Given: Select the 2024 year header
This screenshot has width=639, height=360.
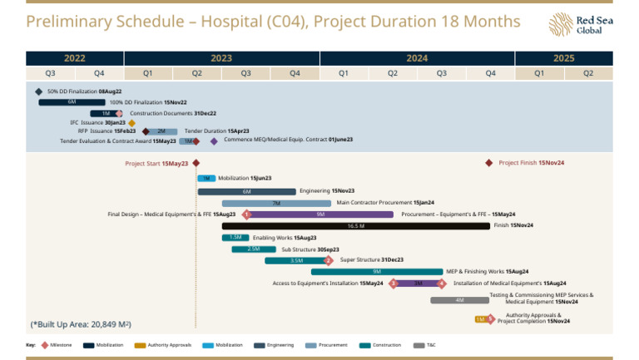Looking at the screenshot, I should (417, 58).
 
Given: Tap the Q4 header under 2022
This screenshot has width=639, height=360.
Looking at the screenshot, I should (99, 73).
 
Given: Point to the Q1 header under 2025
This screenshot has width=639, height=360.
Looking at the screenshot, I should (539, 73).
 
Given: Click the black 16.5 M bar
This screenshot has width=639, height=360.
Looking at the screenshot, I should (356, 225).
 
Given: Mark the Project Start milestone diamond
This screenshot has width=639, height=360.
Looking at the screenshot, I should (196, 164).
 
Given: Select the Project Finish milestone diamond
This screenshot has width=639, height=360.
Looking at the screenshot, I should (489, 163).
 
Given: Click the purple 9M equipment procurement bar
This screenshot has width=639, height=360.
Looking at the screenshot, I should (320, 215).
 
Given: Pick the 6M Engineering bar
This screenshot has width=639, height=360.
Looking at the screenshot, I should (247, 191).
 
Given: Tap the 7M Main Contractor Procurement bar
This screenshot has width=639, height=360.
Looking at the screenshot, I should (276, 203).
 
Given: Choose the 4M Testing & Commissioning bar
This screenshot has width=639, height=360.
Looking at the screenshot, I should (459, 300).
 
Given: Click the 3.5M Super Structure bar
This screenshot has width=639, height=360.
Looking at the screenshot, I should (296, 260).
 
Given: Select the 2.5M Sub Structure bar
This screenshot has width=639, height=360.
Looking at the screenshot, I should (253, 249).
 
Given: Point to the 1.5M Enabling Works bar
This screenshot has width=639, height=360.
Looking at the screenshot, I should (235, 238).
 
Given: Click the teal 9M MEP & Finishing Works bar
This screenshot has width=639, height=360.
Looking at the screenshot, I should (377, 272).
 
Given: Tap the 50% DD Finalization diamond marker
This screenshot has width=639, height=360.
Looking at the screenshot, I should (39, 91).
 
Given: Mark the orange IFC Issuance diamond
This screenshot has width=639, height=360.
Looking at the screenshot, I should (131, 123).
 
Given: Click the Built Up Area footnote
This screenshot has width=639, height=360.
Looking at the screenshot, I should (81, 323).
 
